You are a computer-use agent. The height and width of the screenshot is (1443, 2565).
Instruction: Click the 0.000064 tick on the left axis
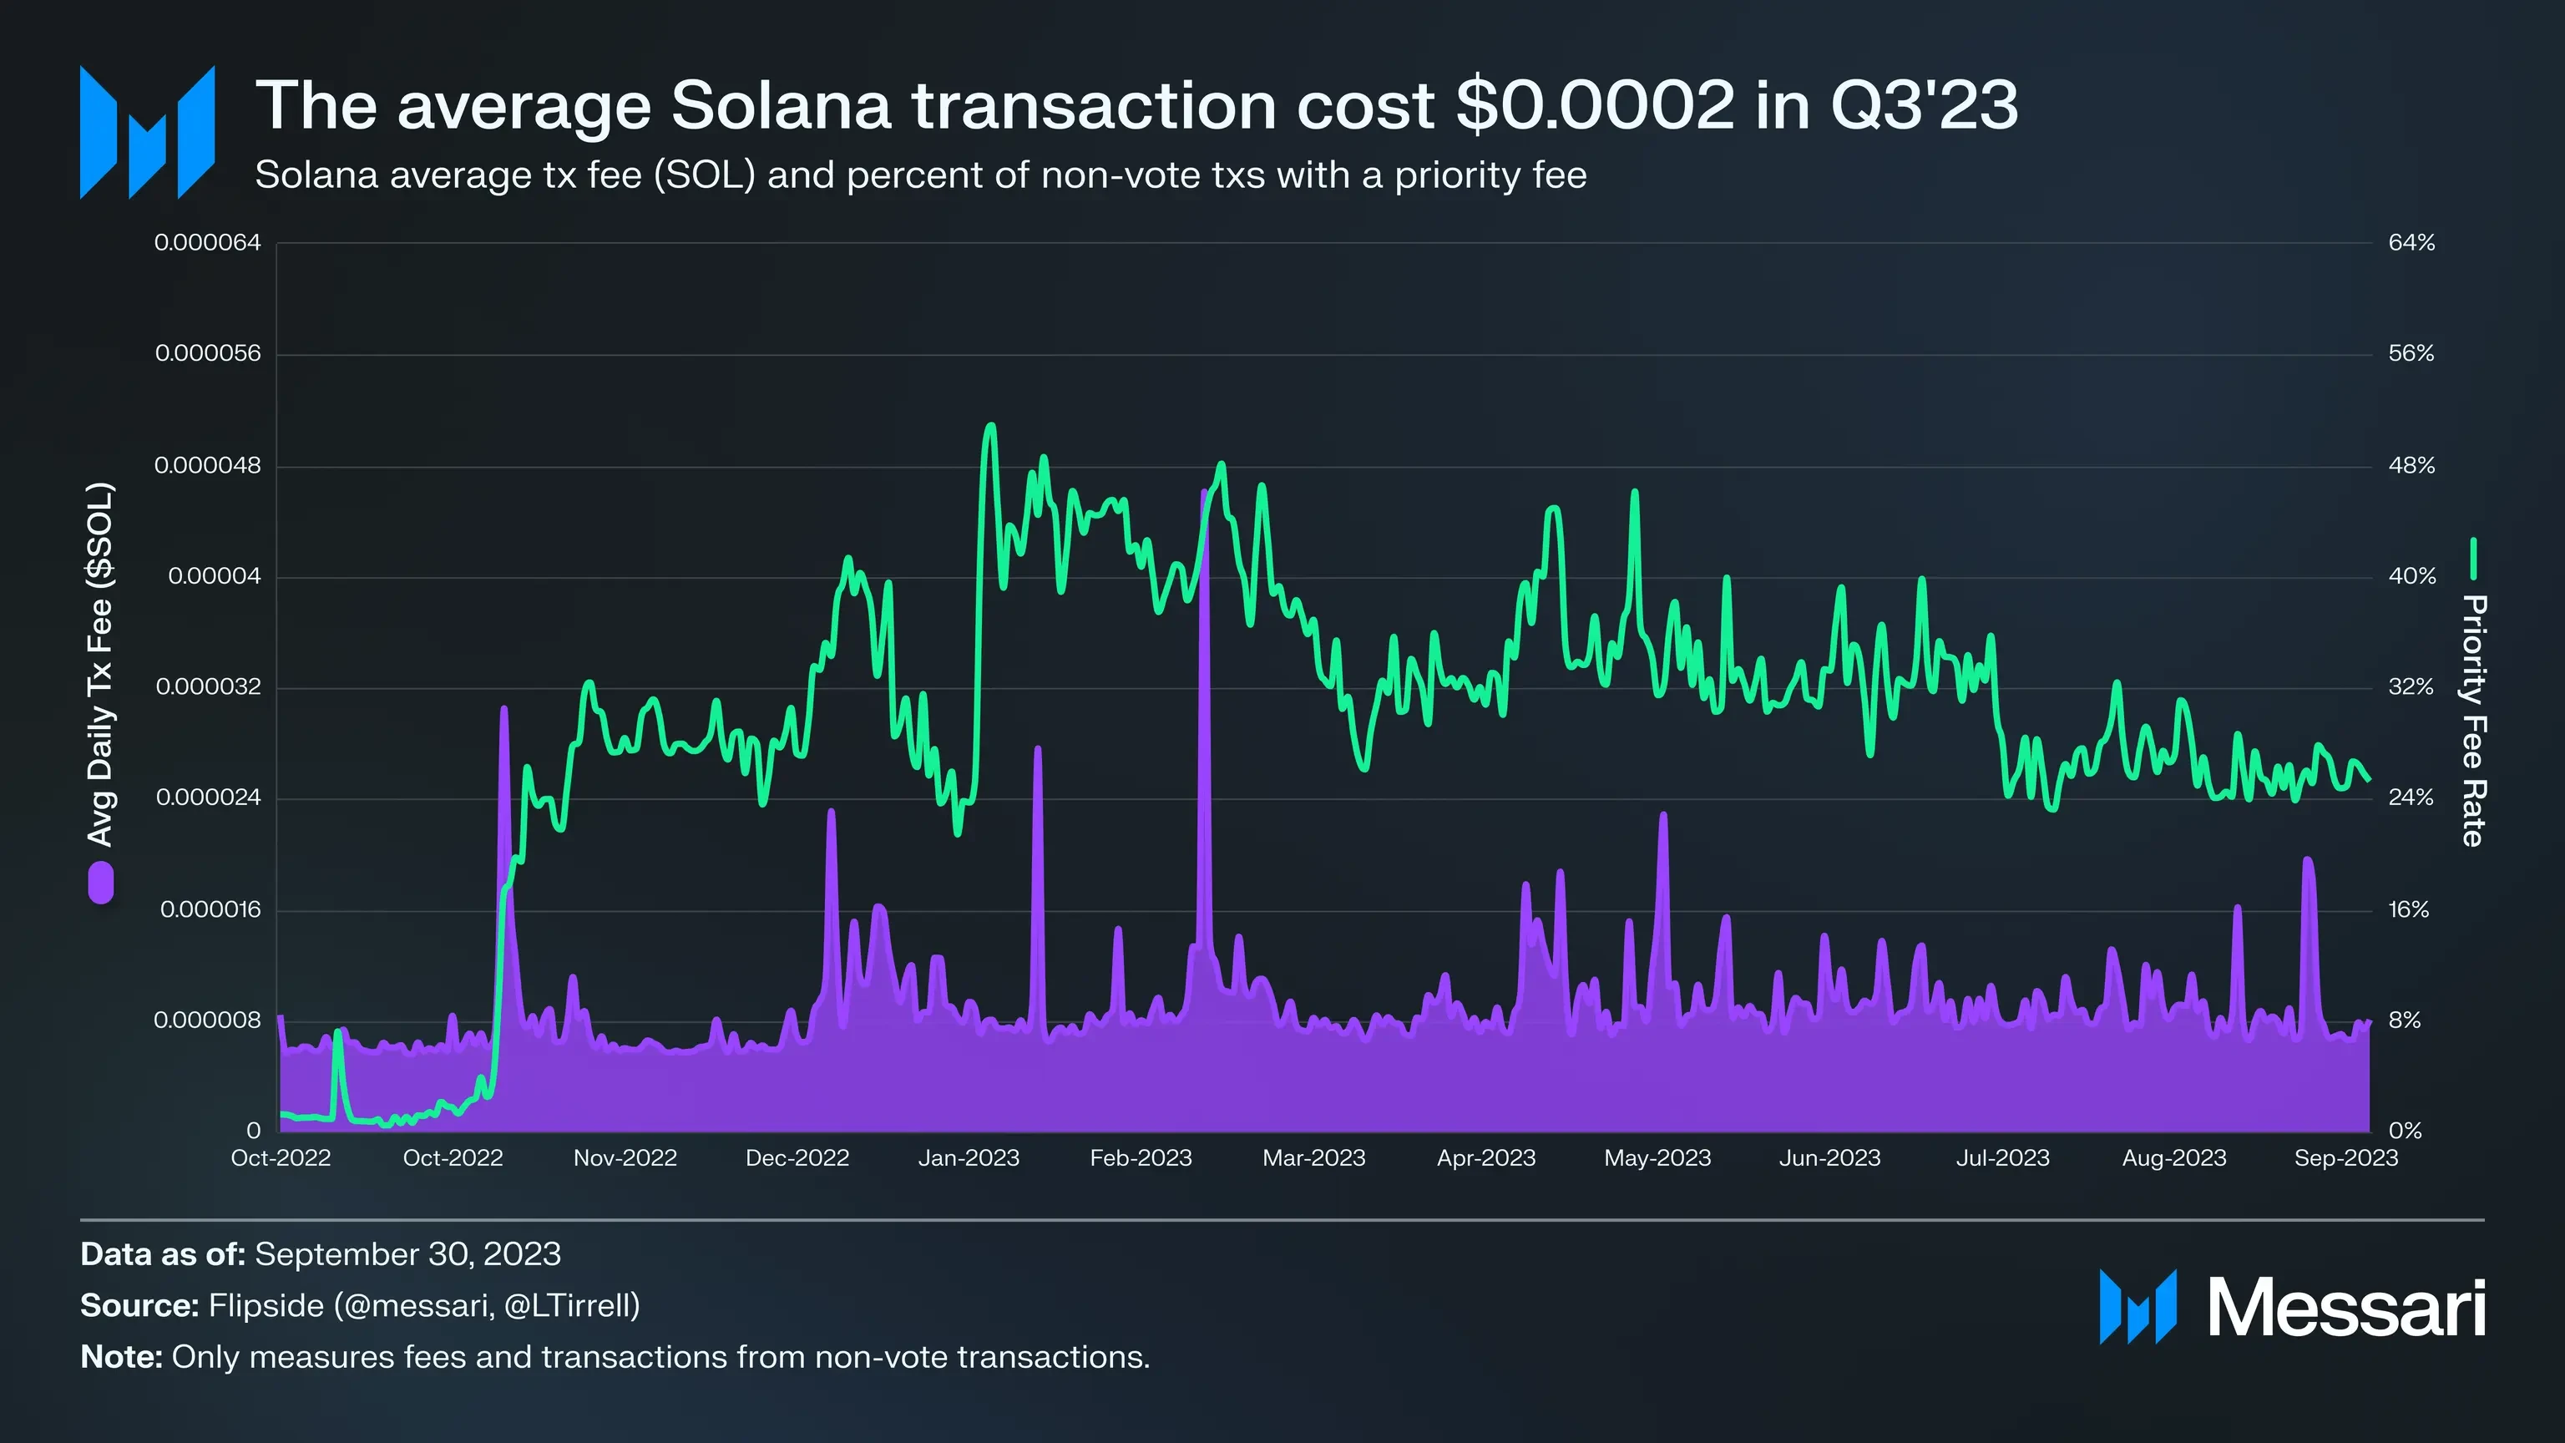pyautogui.click(x=207, y=243)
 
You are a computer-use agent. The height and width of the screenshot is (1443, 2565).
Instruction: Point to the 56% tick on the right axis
pyautogui.click(x=2411, y=353)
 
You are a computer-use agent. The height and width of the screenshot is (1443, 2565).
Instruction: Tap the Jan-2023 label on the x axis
pyautogui.click(x=968, y=1158)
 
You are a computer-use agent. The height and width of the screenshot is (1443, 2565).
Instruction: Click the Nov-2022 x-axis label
pyautogui.click(x=625, y=1158)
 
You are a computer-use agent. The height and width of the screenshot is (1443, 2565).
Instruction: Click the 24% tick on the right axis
pyautogui.click(x=2411, y=797)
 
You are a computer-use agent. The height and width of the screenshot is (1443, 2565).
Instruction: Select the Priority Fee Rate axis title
pyautogui.click(x=2472, y=720)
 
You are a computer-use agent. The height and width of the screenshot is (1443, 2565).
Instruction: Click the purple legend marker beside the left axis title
pyautogui.click(x=100, y=884)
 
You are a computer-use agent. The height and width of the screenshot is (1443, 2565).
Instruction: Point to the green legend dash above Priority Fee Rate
pyautogui.click(x=2472, y=559)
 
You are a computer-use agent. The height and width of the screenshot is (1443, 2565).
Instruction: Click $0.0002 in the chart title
pyautogui.click(x=1594, y=104)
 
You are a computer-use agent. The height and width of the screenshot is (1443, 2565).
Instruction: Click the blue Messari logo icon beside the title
pyautogui.click(x=147, y=133)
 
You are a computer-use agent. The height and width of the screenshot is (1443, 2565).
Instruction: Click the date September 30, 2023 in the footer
pyautogui.click(x=407, y=1253)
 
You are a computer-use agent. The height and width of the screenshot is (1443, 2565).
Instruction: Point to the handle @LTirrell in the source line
pyautogui.click(x=572, y=1305)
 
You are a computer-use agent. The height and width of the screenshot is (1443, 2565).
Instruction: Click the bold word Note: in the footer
pyautogui.click(x=121, y=1357)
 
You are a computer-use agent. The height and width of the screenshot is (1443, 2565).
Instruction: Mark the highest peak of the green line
pyautogui.click(x=989, y=426)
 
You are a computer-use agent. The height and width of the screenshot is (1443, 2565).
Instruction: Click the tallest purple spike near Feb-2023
pyautogui.click(x=1205, y=492)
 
